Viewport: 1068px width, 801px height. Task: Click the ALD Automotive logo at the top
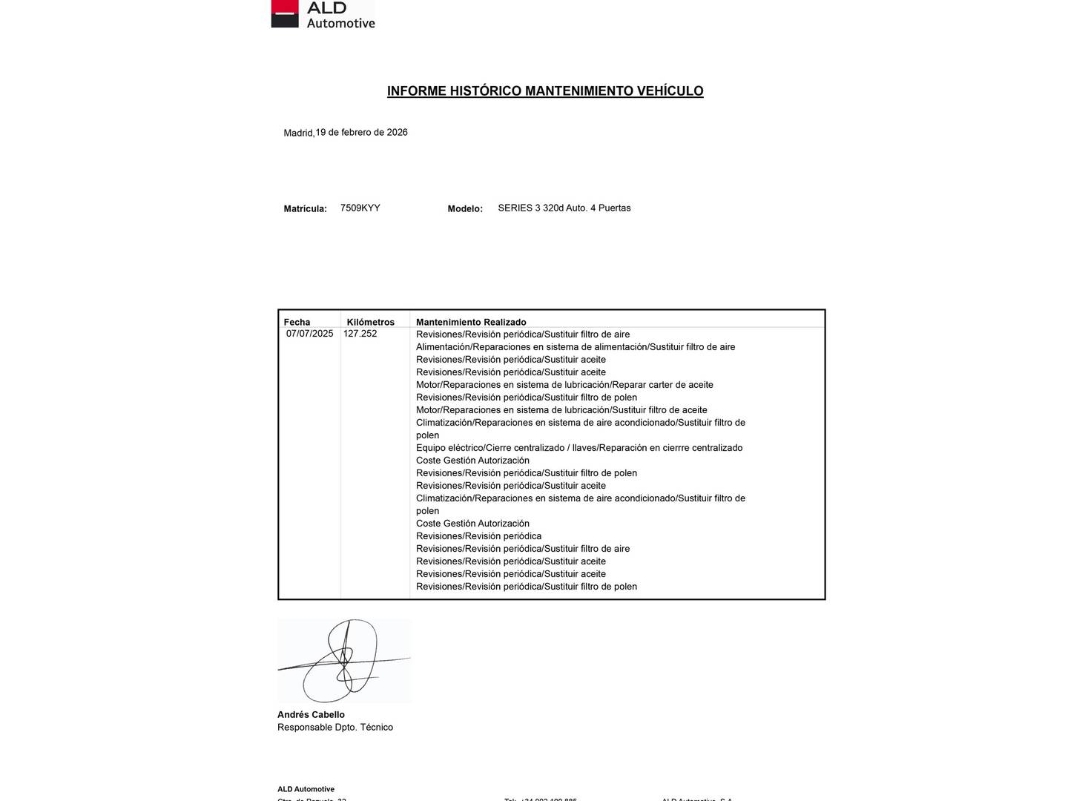pyautogui.click(x=323, y=14)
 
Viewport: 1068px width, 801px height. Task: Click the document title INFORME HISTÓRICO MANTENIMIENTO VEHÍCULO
pyautogui.click(x=545, y=91)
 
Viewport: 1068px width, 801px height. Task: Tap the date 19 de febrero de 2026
pyautogui.click(x=361, y=133)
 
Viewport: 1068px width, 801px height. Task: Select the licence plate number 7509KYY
pyautogui.click(x=360, y=208)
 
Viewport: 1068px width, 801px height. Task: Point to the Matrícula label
pyautogui.click(x=305, y=209)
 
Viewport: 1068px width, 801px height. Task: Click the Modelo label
pyautogui.click(x=465, y=209)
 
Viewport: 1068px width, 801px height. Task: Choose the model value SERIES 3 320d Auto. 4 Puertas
pyautogui.click(x=564, y=208)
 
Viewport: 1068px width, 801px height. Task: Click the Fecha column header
pyautogui.click(x=297, y=322)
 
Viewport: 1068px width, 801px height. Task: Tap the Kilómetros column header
pyautogui.click(x=370, y=322)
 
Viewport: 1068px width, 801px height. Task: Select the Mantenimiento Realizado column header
pyautogui.click(x=471, y=322)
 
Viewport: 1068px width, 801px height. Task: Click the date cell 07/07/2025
pyautogui.click(x=310, y=334)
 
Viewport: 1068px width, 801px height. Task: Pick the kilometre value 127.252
pyautogui.click(x=360, y=334)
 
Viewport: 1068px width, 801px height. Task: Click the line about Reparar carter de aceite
pyautogui.click(x=564, y=385)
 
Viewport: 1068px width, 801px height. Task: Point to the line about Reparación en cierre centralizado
pyautogui.click(x=578, y=448)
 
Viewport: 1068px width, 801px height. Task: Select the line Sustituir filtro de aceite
pyautogui.click(x=561, y=410)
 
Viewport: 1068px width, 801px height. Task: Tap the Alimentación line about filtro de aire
pyautogui.click(x=576, y=347)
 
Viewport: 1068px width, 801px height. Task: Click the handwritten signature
pyautogui.click(x=343, y=661)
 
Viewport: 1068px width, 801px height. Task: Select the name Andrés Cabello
pyautogui.click(x=311, y=715)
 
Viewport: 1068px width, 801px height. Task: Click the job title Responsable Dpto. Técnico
pyautogui.click(x=335, y=728)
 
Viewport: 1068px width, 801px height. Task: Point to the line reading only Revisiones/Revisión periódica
pyautogui.click(x=478, y=536)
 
